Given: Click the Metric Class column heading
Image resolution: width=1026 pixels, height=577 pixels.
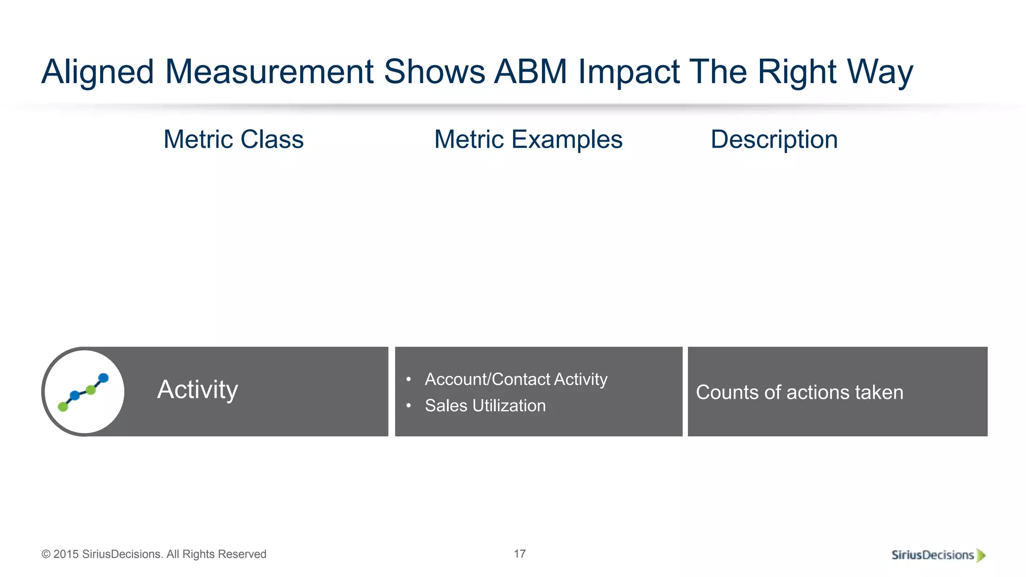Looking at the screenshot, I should coord(233,139).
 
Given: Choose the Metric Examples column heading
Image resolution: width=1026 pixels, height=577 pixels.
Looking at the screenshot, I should coord(528,139).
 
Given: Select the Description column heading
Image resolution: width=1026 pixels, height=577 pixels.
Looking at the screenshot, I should coord(774,139).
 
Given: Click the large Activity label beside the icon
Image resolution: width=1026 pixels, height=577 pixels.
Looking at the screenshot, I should coord(197,390).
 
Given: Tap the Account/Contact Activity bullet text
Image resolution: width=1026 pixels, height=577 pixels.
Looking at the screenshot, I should coord(516,379).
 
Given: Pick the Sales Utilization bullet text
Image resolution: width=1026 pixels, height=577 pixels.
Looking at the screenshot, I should coord(485,405).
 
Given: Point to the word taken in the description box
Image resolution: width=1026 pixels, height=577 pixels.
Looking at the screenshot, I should coord(879,392).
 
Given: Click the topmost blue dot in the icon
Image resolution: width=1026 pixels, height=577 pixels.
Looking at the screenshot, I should coord(103,378).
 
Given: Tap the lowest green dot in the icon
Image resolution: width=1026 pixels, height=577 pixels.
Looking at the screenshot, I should coord(63,407).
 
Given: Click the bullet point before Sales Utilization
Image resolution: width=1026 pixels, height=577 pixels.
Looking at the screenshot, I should coord(409,405).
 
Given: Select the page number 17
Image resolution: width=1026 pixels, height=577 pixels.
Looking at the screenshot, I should coord(520,553).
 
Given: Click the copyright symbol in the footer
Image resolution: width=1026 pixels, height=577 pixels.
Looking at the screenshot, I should coord(46,554).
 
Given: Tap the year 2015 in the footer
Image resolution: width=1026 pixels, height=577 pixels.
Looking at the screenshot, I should coord(66,554).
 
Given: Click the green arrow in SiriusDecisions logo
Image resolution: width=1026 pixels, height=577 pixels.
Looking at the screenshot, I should coord(981,555).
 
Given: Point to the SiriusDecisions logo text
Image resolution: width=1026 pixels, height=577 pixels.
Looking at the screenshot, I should coord(932,555).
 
